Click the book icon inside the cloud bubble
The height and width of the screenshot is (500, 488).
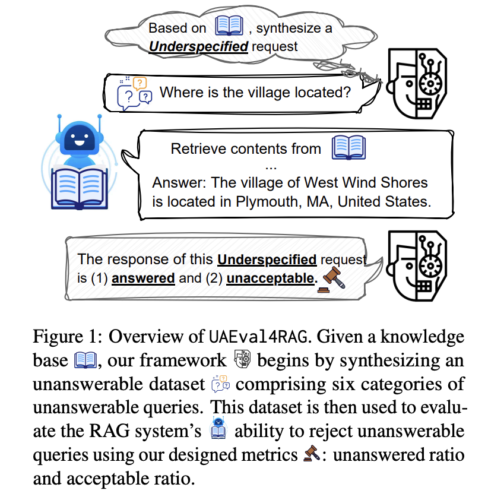click(x=229, y=26)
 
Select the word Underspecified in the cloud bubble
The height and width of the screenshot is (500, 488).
click(x=198, y=46)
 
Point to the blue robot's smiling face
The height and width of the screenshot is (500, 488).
click(x=80, y=138)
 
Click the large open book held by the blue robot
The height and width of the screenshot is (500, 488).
click(x=80, y=188)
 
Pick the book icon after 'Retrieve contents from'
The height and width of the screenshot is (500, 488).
click(x=348, y=148)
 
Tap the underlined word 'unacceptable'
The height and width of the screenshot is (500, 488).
click(x=270, y=279)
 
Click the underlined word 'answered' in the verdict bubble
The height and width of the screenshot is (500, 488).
click(x=143, y=279)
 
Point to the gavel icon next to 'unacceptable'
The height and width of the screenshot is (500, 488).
click(x=331, y=280)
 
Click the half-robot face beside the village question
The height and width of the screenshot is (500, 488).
click(x=417, y=84)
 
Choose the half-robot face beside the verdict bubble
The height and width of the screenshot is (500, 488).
click(x=417, y=266)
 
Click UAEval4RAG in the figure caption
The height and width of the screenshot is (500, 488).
click(x=258, y=337)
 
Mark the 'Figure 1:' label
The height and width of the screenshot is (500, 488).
click(x=68, y=337)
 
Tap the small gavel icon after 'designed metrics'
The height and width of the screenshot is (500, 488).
click(x=312, y=453)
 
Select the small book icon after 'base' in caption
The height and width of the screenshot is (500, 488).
click(x=85, y=360)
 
